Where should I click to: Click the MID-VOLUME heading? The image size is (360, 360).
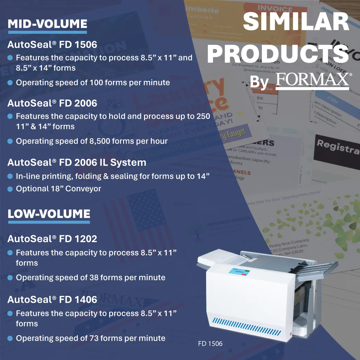(47, 24)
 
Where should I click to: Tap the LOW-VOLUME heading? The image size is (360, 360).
(49, 214)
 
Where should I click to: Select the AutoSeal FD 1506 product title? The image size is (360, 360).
(52, 45)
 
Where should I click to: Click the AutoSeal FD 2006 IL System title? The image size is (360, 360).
(77, 163)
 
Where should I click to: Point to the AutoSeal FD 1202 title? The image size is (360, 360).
(52, 239)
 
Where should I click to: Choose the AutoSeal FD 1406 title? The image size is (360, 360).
(52, 300)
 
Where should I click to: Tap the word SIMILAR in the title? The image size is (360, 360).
(296, 21)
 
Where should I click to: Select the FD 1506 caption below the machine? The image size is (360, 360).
(210, 344)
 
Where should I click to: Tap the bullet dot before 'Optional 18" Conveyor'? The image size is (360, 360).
(10, 189)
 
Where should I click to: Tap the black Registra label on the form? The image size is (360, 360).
(338, 147)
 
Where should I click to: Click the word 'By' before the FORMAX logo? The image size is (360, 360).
(259, 82)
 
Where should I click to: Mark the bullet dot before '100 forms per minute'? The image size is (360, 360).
(10, 83)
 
